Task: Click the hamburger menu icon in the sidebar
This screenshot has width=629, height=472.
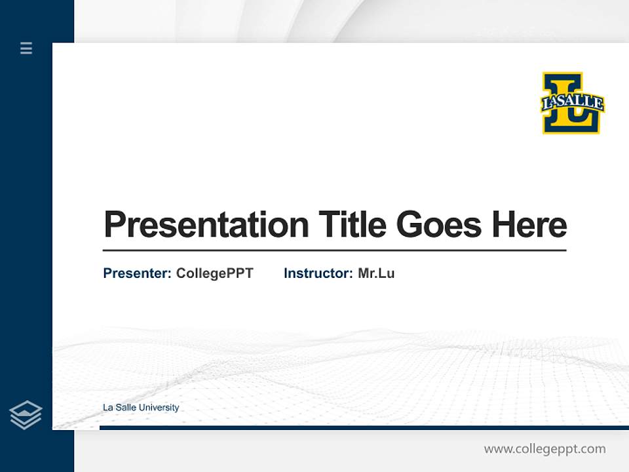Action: (x=26, y=48)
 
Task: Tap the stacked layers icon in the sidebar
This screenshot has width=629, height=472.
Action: (x=26, y=415)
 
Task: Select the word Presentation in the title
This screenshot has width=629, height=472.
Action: (x=206, y=225)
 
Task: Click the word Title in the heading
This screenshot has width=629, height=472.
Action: (x=352, y=225)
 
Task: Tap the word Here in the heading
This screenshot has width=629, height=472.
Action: (x=529, y=225)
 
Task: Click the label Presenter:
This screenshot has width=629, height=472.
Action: (x=137, y=273)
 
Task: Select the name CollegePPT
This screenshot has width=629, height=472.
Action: (x=214, y=273)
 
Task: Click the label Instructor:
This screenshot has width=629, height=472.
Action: (x=318, y=273)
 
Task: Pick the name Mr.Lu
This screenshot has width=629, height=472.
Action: (x=376, y=273)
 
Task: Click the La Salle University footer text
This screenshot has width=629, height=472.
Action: (x=141, y=408)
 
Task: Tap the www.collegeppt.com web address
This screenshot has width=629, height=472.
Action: (x=544, y=449)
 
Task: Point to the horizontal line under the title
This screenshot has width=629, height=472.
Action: (x=334, y=250)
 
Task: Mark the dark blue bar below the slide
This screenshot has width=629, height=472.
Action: (x=364, y=427)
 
